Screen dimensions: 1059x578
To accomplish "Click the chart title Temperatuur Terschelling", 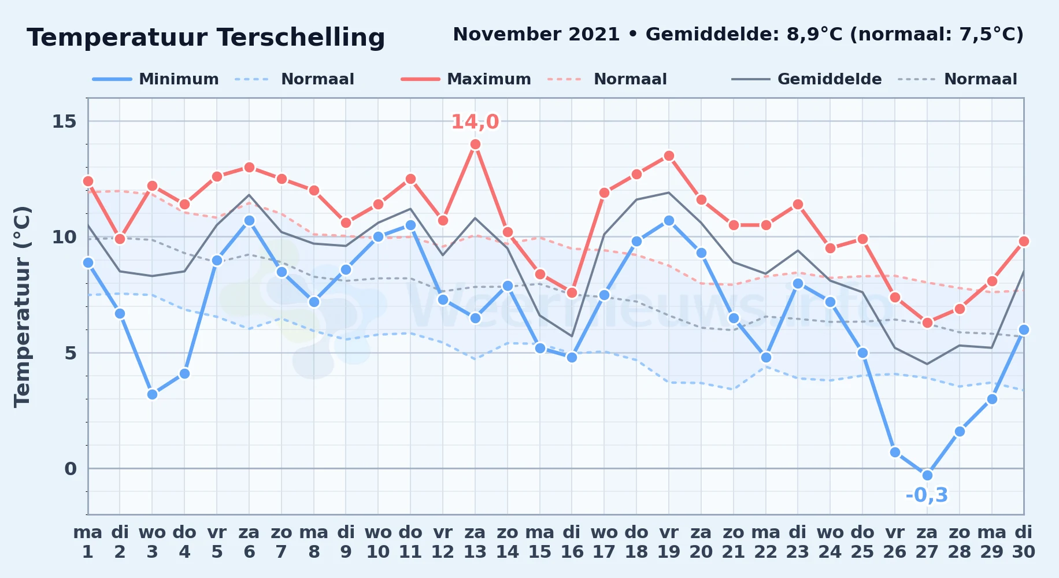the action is click(x=206, y=38).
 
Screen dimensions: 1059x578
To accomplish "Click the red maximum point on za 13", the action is click(x=475, y=144).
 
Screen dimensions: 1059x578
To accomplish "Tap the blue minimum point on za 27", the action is click(x=927, y=475).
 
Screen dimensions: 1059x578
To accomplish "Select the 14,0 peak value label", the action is click(x=475, y=122).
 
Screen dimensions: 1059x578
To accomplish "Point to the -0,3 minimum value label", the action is click(x=927, y=495).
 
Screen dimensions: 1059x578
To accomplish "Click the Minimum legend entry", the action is click(x=155, y=79).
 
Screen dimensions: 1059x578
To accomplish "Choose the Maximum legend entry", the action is click(x=466, y=79).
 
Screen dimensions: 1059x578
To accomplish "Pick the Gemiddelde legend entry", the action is click(x=806, y=79).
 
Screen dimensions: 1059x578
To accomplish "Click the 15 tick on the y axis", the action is click(x=65, y=121).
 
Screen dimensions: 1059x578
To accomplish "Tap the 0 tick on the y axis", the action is click(x=71, y=469).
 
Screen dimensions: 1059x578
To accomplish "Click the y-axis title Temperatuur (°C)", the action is click(x=23, y=306).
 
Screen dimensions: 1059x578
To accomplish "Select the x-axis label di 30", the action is click(x=1023, y=542).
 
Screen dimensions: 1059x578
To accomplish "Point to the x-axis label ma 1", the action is click(x=88, y=542).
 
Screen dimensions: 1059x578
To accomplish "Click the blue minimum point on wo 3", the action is click(x=152, y=394).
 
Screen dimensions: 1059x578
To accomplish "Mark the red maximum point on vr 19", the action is click(x=669, y=156).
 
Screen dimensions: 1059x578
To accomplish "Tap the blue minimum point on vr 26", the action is click(x=895, y=452).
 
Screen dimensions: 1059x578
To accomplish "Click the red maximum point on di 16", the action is click(x=572, y=292).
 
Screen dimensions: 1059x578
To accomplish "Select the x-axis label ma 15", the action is click(x=540, y=542).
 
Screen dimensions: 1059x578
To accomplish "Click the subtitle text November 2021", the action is click(x=536, y=35).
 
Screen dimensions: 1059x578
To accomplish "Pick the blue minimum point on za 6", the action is click(x=249, y=221).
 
